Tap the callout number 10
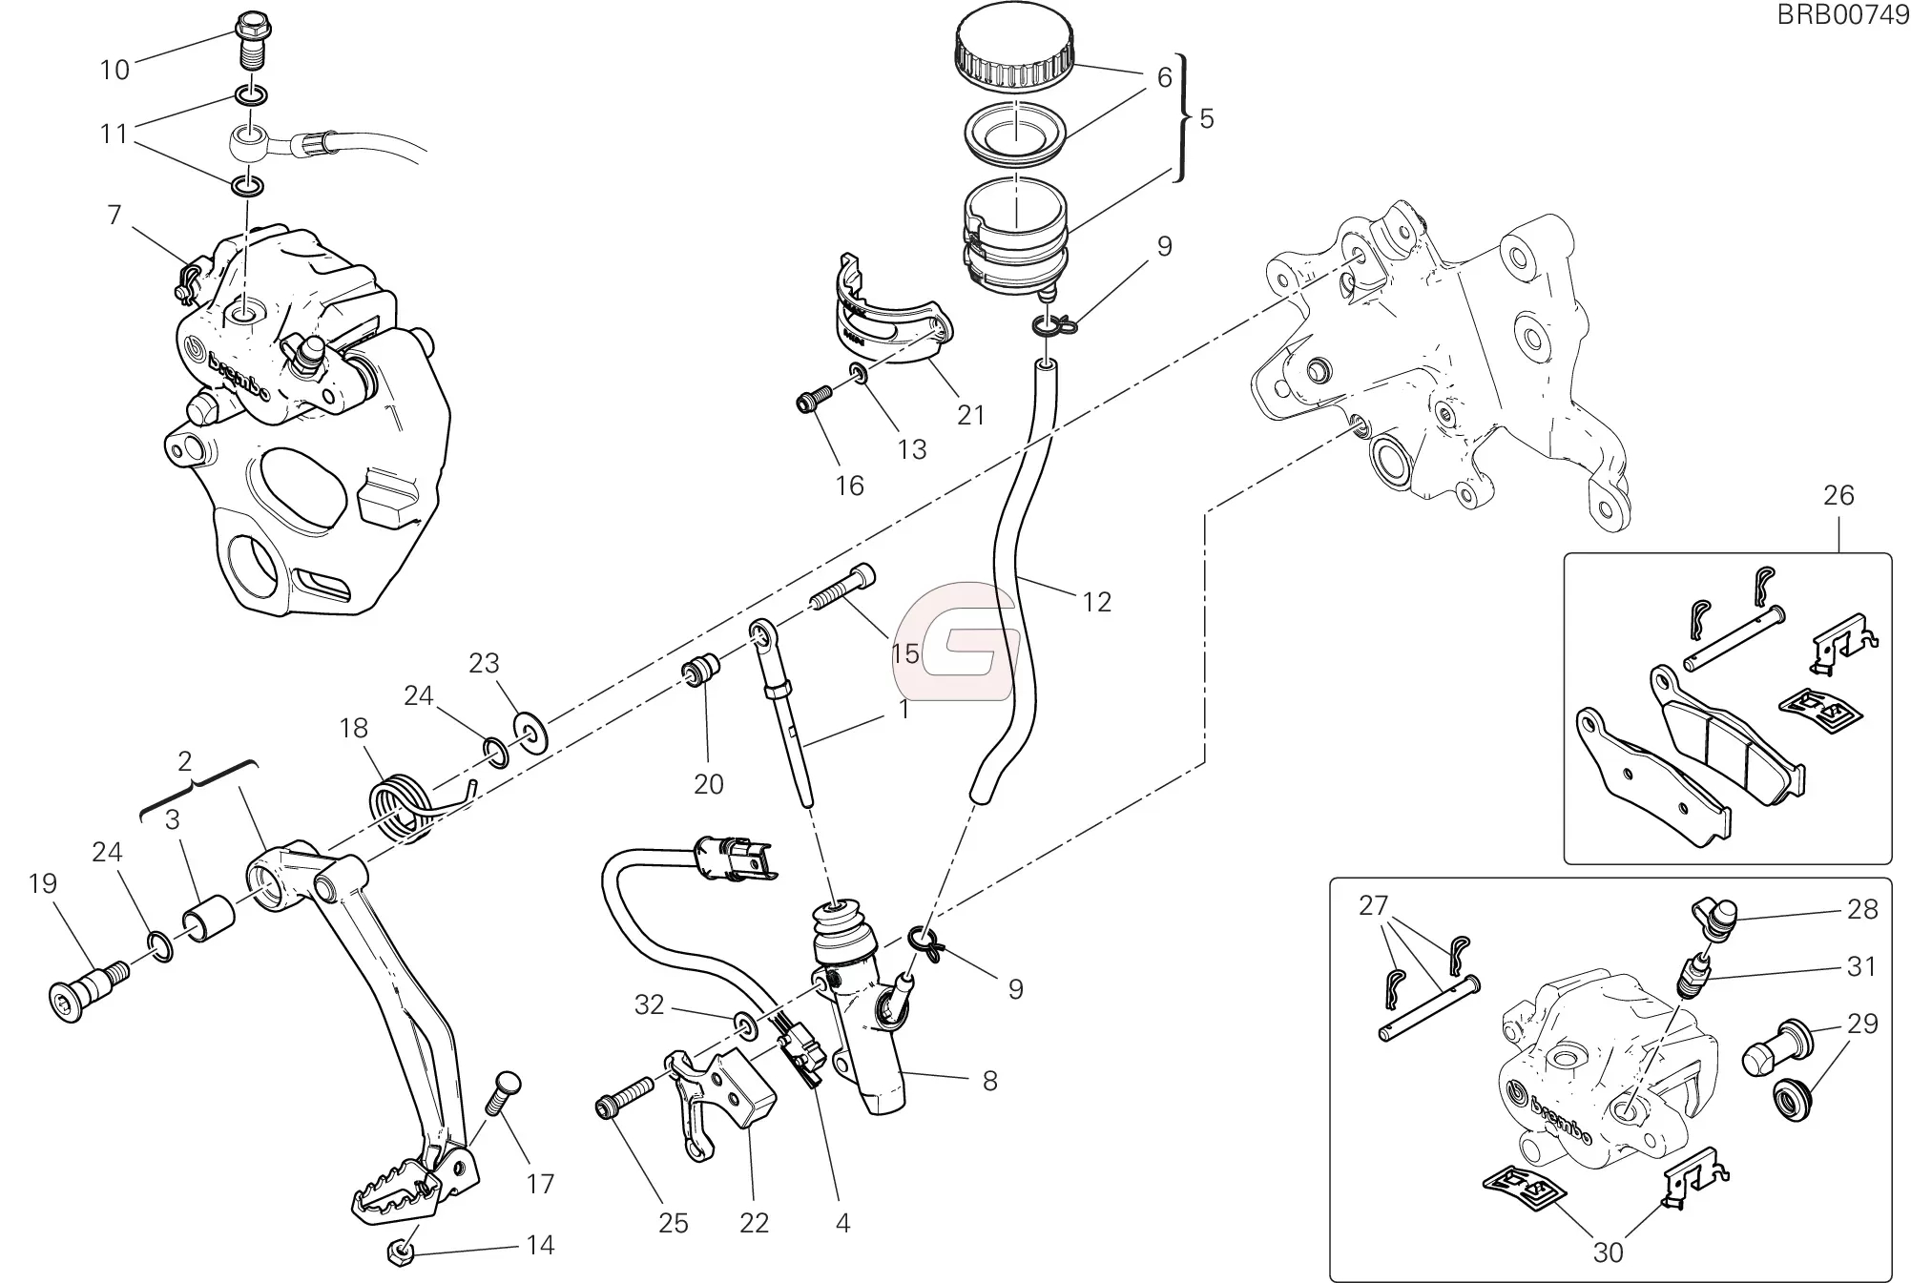pos(114,70)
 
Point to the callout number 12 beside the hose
pos(1096,602)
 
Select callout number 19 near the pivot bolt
pos(43,883)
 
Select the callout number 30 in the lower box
pos(1608,1251)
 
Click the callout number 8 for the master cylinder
pos(989,1080)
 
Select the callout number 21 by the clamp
pos(970,415)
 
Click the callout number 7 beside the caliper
pos(114,216)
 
